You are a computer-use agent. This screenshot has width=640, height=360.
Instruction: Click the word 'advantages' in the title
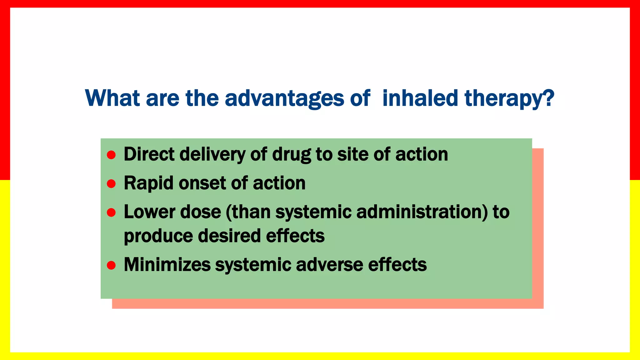click(x=284, y=98)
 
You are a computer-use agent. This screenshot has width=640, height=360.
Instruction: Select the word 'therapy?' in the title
click(x=509, y=98)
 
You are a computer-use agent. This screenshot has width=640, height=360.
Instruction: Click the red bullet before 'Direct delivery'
click(x=111, y=155)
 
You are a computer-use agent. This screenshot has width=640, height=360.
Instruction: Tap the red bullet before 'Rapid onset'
click(x=111, y=183)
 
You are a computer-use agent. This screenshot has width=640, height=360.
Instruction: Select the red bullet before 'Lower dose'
click(x=111, y=212)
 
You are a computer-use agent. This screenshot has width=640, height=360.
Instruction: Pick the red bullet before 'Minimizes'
click(x=111, y=265)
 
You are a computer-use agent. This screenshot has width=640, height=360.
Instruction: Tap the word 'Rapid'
click(x=148, y=183)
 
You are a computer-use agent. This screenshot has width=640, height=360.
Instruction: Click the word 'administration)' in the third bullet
click(x=422, y=212)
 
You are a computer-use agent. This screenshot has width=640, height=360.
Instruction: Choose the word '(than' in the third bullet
click(x=248, y=212)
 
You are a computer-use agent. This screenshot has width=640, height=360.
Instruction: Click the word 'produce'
click(x=158, y=236)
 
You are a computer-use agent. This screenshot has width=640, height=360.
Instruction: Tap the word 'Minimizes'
click(x=167, y=265)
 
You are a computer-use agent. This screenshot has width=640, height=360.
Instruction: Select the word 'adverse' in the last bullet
click(x=329, y=265)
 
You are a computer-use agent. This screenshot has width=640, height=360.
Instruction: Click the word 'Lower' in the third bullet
click(x=149, y=212)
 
